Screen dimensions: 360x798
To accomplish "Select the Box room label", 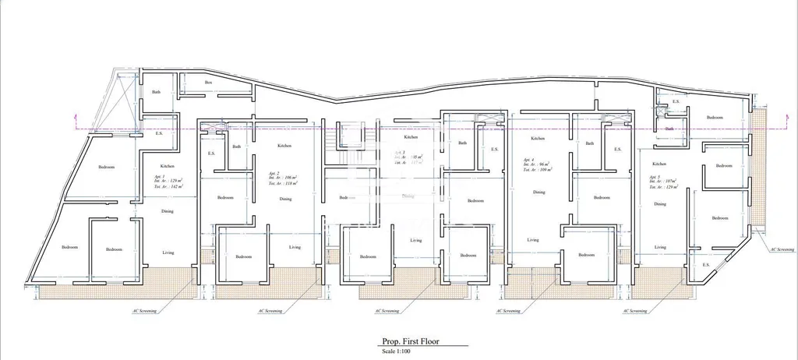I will click(x=208, y=82).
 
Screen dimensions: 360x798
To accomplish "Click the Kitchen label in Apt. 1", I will click(x=168, y=166).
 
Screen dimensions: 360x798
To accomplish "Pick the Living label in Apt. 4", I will click(x=533, y=240).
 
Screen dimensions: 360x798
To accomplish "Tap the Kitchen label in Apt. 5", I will click(x=659, y=164).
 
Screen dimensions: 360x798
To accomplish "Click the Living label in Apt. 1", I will click(x=168, y=252).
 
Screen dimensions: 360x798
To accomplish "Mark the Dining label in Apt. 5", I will click(x=660, y=204).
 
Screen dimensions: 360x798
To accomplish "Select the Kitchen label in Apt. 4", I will click(x=538, y=138).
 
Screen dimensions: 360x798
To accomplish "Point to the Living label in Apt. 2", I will click(x=295, y=247).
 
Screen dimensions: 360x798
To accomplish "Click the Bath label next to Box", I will click(x=156, y=92).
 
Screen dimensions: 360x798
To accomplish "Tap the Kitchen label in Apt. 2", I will click(x=285, y=146).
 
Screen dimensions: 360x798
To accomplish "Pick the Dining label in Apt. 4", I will click(x=538, y=192).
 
